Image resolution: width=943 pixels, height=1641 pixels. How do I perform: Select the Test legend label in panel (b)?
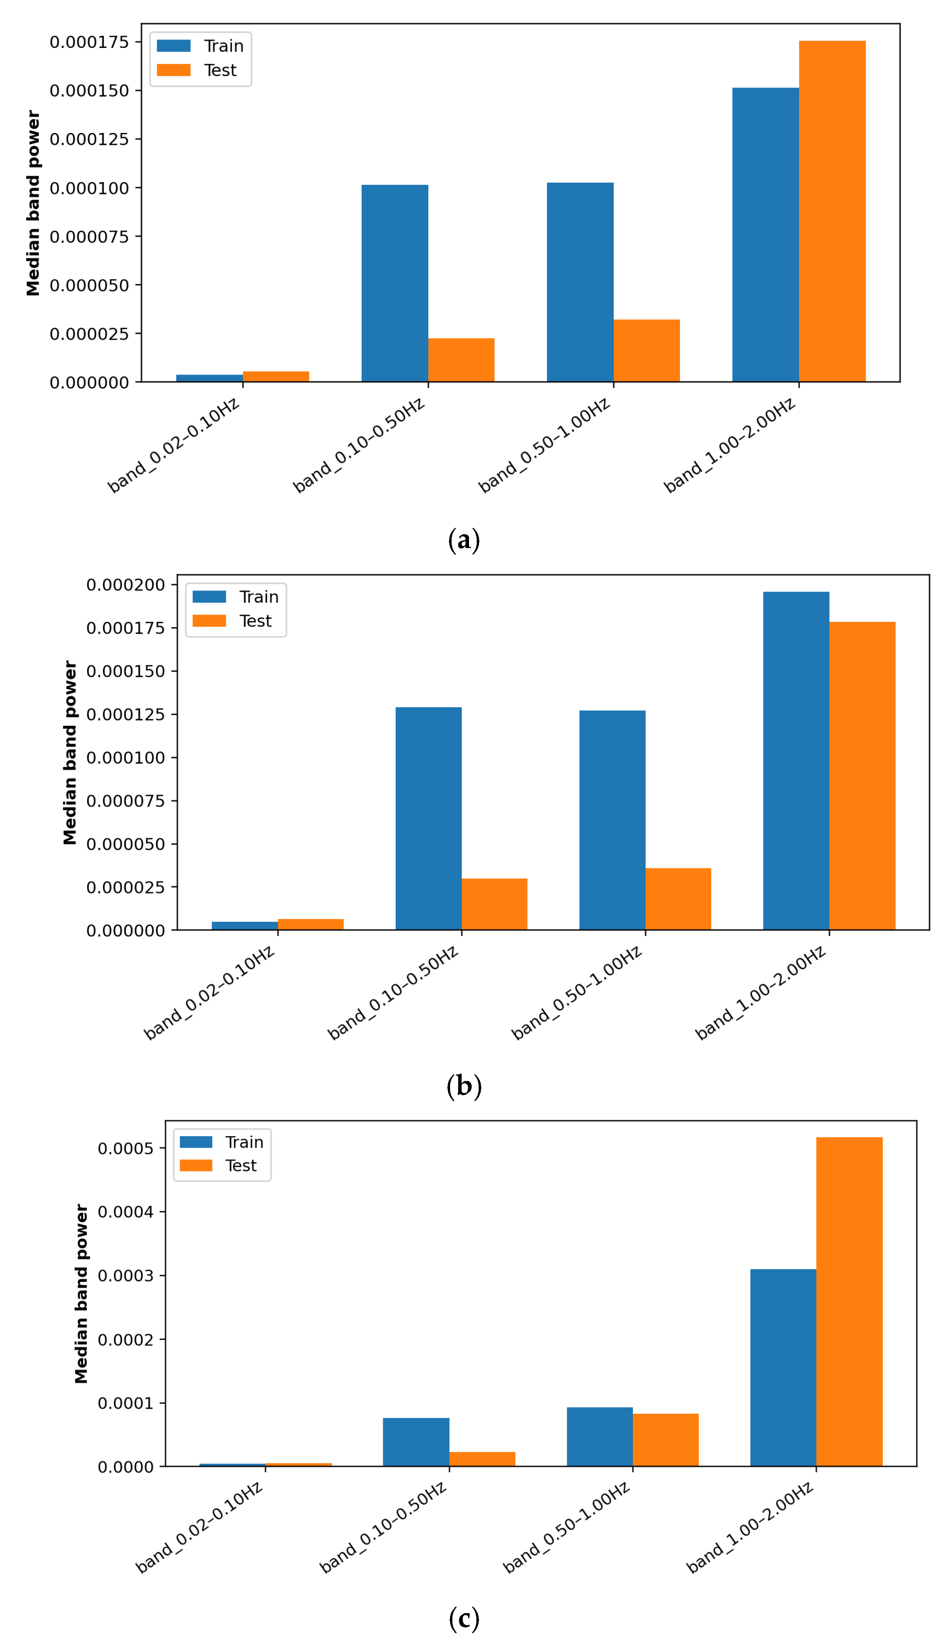255,621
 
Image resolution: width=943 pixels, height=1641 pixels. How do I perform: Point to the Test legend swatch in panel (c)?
195,1166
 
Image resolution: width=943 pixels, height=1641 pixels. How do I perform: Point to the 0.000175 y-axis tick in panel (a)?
89,42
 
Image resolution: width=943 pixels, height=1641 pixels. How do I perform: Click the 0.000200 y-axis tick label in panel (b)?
126,585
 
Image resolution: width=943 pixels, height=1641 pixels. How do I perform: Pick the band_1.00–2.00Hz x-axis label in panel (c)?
749,1527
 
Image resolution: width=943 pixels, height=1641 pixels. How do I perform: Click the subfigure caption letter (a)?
464,540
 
